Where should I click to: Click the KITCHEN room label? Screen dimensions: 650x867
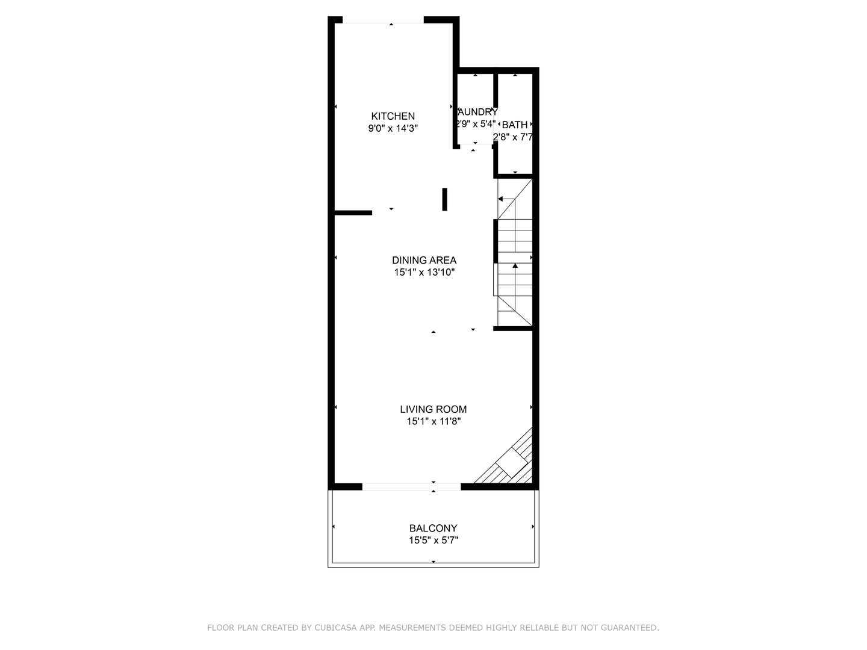pos(393,116)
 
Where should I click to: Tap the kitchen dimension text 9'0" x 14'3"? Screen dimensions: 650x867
pos(393,128)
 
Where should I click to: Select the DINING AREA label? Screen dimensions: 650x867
pos(424,260)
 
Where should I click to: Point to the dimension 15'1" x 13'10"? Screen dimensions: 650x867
pos(424,272)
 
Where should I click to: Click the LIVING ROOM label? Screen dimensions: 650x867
pos(433,409)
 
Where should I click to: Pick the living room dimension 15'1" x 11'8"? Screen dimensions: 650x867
pos(433,421)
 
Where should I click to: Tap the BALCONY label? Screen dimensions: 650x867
pos(433,528)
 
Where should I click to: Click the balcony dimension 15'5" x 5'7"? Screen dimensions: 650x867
pos(433,540)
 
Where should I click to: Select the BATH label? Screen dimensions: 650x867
pos(514,125)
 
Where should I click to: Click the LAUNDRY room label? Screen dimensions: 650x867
pos(477,112)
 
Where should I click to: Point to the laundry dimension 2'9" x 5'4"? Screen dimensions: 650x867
pos(475,124)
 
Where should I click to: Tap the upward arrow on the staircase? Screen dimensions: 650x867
pos(515,265)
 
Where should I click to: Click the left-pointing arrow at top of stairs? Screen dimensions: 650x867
pos(501,199)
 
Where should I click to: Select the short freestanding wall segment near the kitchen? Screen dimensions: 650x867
pos(444,199)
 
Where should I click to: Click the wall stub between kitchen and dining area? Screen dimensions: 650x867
pos(353,212)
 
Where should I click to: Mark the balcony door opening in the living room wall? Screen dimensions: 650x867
pos(411,486)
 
